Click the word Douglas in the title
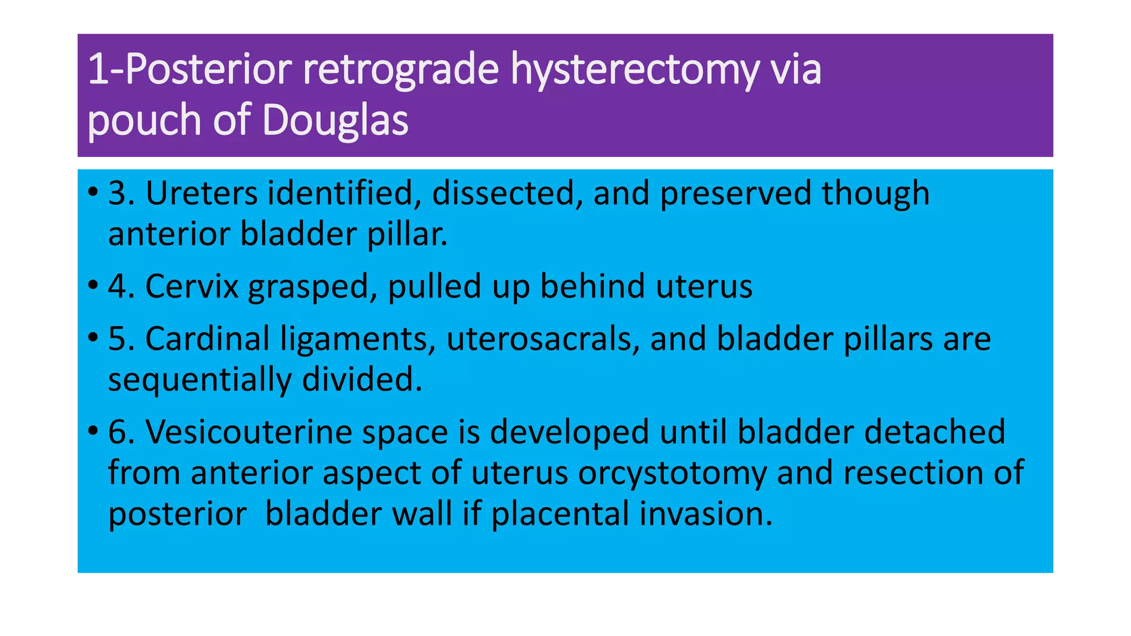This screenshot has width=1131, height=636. click(x=335, y=120)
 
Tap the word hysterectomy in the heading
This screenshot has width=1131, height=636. click(x=635, y=69)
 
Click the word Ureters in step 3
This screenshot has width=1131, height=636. click(x=201, y=193)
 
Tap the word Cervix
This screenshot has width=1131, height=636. click(x=191, y=286)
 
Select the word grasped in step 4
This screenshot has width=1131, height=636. click(x=313, y=287)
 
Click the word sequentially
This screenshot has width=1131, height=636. click(x=199, y=380)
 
